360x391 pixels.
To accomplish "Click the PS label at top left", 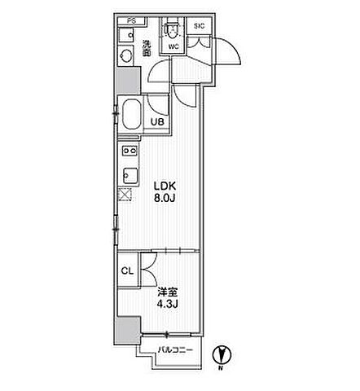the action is tap(131, 21).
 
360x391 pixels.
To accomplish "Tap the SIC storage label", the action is tap(199, 26).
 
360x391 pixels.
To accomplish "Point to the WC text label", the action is tap(173, 46).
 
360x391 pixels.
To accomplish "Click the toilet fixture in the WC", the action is tap(171, 29).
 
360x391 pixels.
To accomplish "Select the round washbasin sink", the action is tap(125, 56).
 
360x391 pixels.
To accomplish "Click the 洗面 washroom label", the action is tap(147, 48).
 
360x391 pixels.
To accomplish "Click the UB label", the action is tap(157, 122).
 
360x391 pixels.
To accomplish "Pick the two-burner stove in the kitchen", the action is tap(130, 150).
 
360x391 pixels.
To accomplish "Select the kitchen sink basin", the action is tap(130, 175).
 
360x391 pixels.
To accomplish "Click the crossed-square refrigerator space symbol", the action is tap(125, 195).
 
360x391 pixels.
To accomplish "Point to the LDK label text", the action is tap(165, 187).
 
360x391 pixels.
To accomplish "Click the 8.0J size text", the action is tap(165, 198).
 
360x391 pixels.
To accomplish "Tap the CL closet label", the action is tap(127, 270).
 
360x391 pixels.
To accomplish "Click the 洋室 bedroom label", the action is tap(168, 292).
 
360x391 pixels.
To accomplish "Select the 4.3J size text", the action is tap(168, 304).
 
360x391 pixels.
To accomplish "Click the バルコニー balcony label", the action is tap(175, 350).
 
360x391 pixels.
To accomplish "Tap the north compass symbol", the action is tap(222, 355).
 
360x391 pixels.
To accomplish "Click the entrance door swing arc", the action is tap(230, 49).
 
